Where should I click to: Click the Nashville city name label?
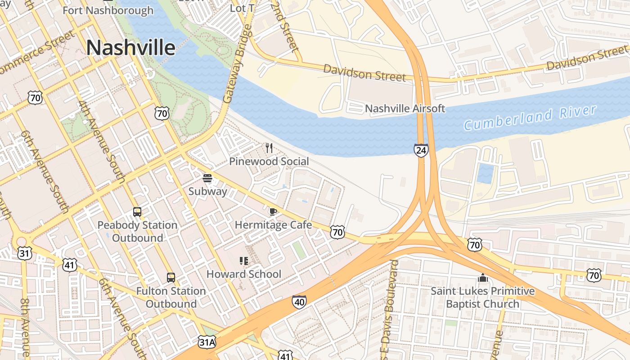[x=130, y=48]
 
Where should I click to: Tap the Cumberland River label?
[x=530, y=117]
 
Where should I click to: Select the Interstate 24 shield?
[x=421, y=150]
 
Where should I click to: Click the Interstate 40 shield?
[x=299, y=302]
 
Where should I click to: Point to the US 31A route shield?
[x=207, y=342]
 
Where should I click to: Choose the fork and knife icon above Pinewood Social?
[x=269, y=148]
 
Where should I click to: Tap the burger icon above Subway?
[x=207, y=178]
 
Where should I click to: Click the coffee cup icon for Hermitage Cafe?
[x=273, y=211]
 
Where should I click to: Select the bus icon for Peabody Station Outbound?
[x=137, y=211]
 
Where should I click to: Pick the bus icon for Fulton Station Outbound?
[x=171, y=278]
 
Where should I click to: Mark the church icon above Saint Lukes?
[x=483, y=278]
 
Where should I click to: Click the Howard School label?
[x=243, y=274]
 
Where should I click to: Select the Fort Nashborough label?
[x=108, y=10]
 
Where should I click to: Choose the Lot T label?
[x=242, y=8]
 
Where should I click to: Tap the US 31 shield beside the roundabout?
[x=25, y=253]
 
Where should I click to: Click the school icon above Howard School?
[x=244, y=261]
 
